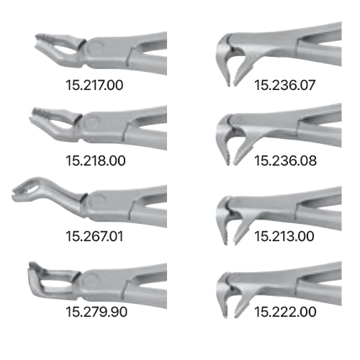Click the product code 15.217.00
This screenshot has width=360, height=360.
pos(94,85)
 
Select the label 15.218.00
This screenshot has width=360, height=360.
pos(96,161)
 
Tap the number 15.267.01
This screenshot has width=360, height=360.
pos(94,236)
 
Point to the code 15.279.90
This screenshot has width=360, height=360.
pos(96,312)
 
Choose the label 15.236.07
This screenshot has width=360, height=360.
pos(284,85)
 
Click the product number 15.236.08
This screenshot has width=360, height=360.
pos(285,161)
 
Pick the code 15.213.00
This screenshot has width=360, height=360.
pos(284,236)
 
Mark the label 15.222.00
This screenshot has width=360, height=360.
pos(285,312)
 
